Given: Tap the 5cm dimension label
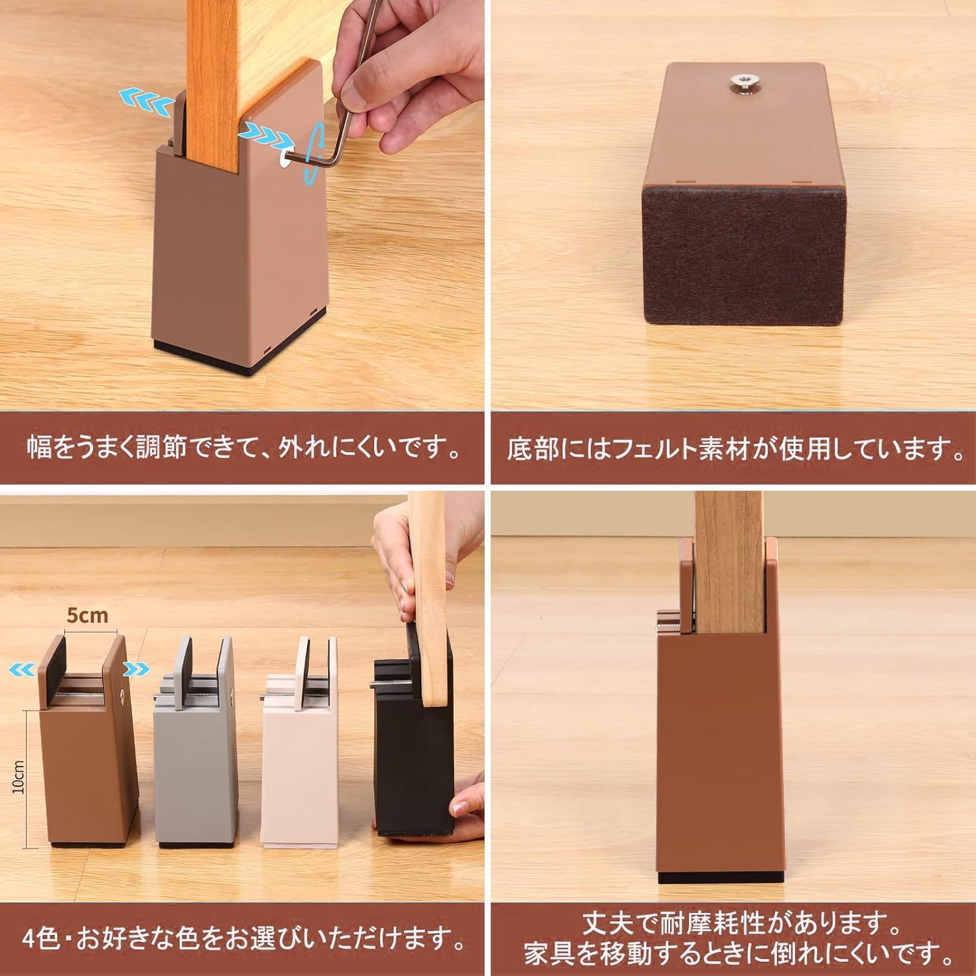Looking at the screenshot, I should point(88,614).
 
